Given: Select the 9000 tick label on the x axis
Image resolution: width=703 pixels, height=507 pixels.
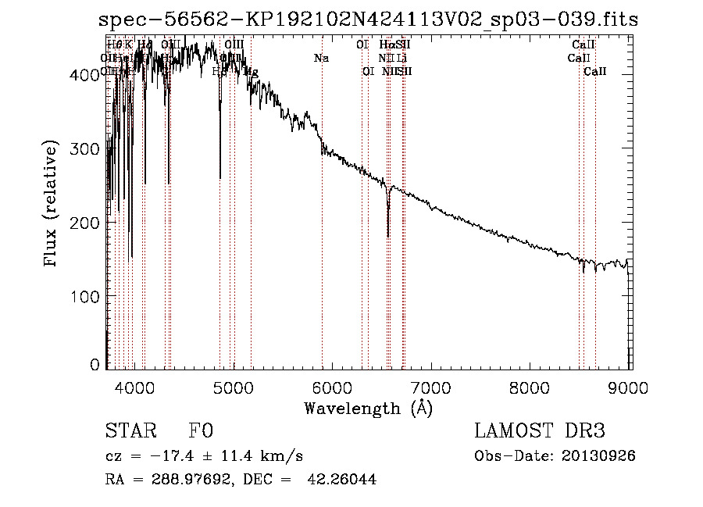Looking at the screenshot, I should [630, 386].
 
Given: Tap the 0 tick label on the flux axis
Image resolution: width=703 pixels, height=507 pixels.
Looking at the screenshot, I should [97, 365].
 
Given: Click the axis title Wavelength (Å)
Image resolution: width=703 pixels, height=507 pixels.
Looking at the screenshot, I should [368, 408].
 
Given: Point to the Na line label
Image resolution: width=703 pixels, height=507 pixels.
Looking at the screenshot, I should [321, 58].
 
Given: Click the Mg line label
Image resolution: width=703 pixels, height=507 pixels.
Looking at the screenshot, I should [252, 72].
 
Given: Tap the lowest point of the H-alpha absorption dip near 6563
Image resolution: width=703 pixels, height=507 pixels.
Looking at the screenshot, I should [388, 235].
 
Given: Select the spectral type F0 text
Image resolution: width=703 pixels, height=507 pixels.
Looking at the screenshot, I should [200, 431].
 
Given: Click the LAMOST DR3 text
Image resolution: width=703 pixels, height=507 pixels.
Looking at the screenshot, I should [539, 431].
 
